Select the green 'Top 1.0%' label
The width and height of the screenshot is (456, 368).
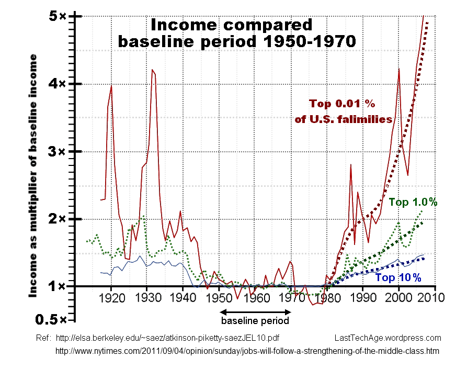[413, 203]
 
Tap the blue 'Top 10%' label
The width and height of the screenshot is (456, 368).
[398, 277]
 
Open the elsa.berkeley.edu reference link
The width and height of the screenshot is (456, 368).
[170, 338]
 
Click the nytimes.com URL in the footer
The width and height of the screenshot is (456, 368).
[247, 351]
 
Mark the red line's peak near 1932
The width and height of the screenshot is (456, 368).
[152, 70]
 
